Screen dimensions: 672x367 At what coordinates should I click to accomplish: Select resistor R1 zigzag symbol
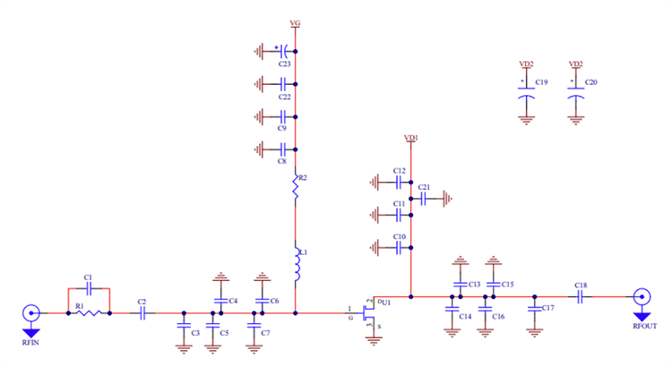pyautogui.click(x=87, y=313)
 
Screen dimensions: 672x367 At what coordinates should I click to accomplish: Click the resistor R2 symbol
pyautogui.click(x=296, y=186)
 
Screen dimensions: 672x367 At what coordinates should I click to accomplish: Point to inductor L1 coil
pyautogui.click(x=296, y=263)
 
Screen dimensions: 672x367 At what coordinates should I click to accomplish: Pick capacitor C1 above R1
pyautogui.click(x=87, y=288)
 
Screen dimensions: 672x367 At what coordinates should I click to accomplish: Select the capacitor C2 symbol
pyautogui.click(x=142, y=313)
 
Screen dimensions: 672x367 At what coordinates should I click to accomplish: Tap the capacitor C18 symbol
pyautogui.click(x=581, y=296)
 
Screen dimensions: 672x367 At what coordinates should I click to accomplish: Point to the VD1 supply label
pyautogui.click(x=410, y=139)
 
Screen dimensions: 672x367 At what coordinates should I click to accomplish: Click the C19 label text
pyautogui.click(x=541, y=82)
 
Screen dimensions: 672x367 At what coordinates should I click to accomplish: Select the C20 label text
pyautogui.click(x=590, y=82)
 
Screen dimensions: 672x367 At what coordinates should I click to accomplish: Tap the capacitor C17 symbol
pyautogui.click(x=535, y=308)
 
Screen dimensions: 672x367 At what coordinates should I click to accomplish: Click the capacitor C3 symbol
pyautogui.click(x=184, y=328)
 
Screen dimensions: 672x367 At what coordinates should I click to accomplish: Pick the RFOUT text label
pyautogui.click(x=642, y=328)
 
